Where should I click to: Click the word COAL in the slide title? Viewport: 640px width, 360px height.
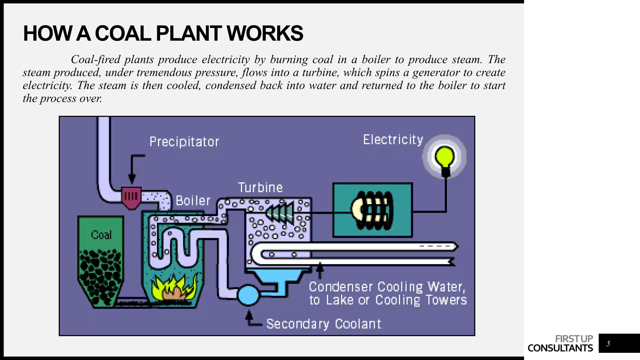(123, 33)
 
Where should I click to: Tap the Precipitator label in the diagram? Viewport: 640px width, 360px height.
(184, 142)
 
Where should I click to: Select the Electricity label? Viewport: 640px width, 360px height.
(393, 140)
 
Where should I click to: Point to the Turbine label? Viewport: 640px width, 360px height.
(260, 188)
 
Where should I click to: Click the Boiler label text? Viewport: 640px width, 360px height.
(193, 201)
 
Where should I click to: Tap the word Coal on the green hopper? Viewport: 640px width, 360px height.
(101, 235)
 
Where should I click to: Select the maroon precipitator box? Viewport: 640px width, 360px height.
(131, 197)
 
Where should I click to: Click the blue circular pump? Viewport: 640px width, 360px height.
(248, 295)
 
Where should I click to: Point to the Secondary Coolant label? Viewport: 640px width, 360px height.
(323, 324)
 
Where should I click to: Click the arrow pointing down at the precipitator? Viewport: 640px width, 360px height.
(132, 170)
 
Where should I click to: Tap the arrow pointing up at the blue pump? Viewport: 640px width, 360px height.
(249, 317)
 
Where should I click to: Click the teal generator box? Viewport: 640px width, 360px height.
(372, 210)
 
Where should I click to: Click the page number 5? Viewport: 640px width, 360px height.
(608, 344)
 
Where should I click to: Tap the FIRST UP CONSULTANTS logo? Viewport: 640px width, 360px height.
(560, 343)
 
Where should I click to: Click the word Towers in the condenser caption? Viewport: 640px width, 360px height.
(446, 300)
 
